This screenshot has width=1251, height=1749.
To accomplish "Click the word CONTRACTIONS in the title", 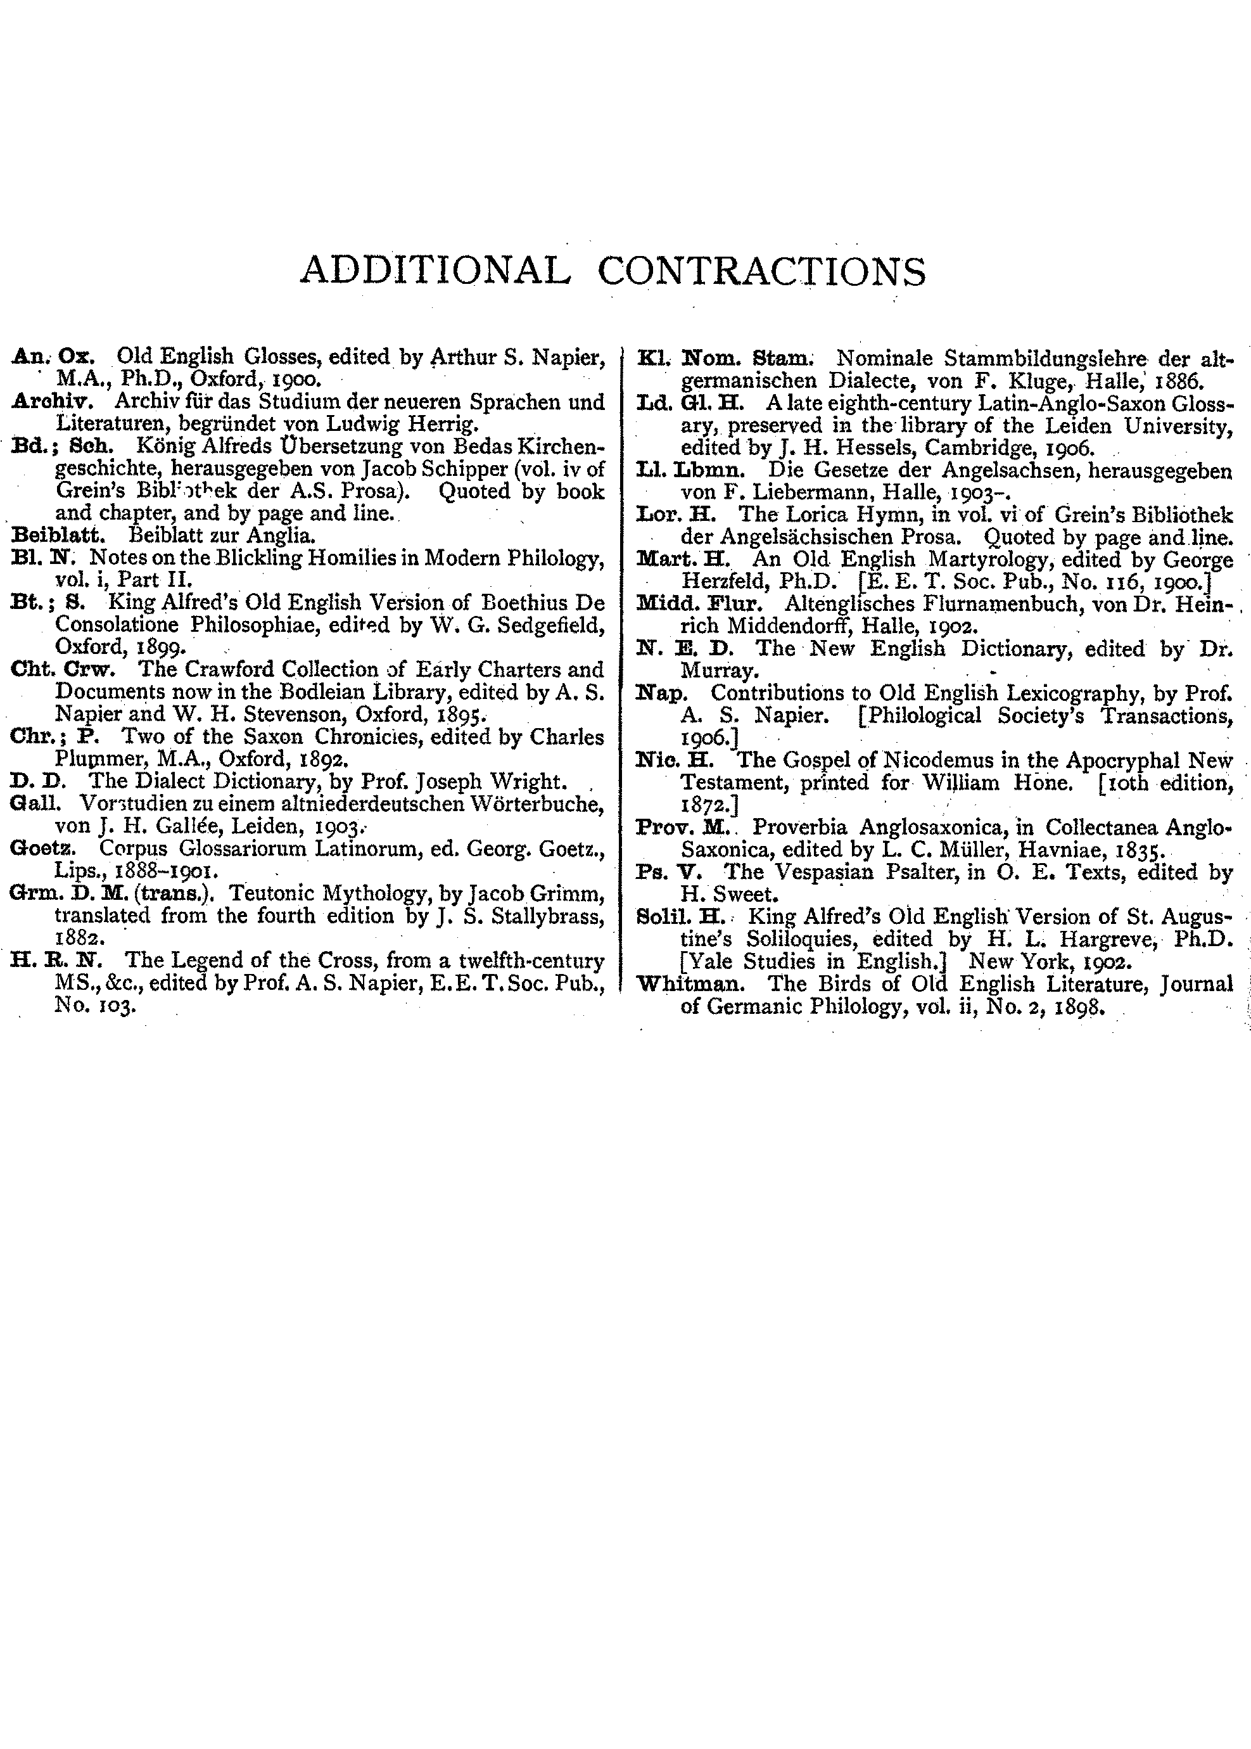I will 761,271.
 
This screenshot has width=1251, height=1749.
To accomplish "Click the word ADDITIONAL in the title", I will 435,271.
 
